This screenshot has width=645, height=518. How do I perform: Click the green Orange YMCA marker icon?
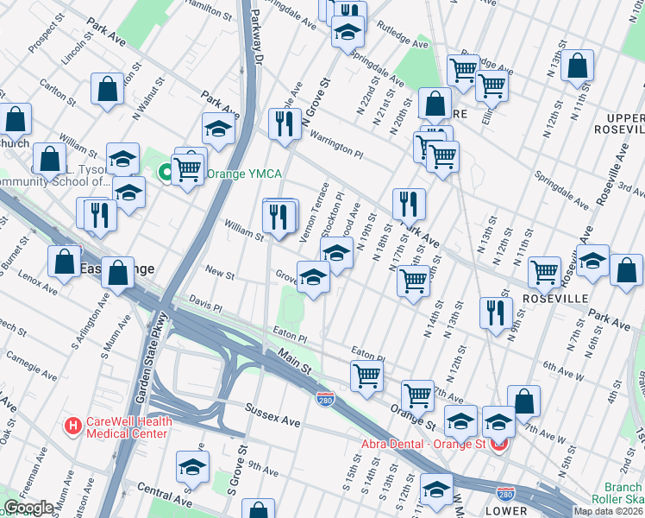pyautogui.click(x=163, y=174)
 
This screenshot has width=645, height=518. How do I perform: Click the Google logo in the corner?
pyautogui.click(x=28, y=508)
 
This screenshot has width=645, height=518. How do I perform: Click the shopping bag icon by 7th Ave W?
pyautogui.click(x=523, y=400)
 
